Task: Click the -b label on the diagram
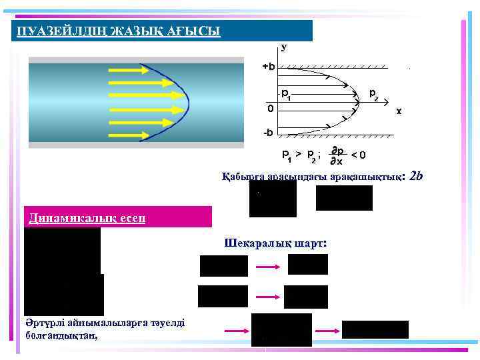point(267,133)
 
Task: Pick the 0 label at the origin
point(270,107)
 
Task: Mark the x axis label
point(399,111)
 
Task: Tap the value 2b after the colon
point(417,176)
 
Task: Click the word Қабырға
point(243,177)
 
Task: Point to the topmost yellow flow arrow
point(127,70)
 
